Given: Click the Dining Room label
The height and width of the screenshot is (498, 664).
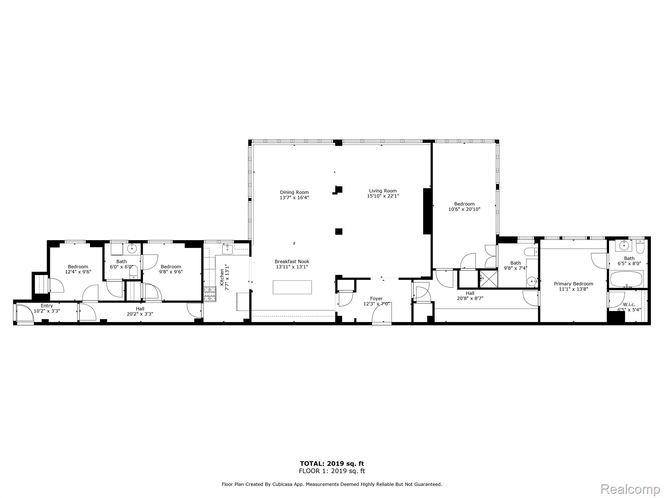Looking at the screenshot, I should pyautogui.click(x=294, y=192).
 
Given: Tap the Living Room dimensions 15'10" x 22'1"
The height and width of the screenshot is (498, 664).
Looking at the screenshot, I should pyautogui.click(x=383, y=196).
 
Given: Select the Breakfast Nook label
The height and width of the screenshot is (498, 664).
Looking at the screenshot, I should pyautogui.click(x=292, y=261).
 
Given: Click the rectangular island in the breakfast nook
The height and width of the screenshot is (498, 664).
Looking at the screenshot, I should pyautogui.click(x=292, y=287).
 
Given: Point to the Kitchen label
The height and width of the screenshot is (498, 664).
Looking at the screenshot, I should pyautogui.click(x=222, y=277).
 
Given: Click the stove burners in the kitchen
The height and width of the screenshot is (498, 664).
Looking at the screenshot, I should pyautogui.click(x=210, y=294).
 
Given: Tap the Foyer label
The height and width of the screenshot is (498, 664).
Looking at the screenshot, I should pyautogui.click(x=376, y=299).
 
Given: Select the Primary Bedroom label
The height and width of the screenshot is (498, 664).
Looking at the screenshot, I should pyautogui.click(x=573, y=284).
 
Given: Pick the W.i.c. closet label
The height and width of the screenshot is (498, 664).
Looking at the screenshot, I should pyautogui.click(x=629, y=304).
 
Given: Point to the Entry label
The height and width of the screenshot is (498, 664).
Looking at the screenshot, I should pyautogui.click(x=47, y=306).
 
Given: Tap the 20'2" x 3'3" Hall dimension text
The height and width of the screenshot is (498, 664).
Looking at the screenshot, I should pyautogui.click(x=140, y=314).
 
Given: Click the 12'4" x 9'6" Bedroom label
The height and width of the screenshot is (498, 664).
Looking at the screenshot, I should pyautogui.click(x=78, y=267).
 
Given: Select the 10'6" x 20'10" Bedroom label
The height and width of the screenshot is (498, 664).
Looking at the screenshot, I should pyautogui.click(x=464, y=204).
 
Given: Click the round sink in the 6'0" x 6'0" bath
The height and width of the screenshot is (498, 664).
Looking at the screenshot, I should pyautogui.click(x=132, y=249).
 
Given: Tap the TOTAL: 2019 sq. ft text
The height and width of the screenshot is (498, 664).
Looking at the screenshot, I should pyautogui.click(x=332, y=464).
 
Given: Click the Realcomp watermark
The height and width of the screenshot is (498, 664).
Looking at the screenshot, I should pyautogui.click(x=630, y=489).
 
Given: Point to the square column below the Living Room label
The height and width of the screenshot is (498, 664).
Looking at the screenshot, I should pyautogui.click(x=338, y=231).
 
